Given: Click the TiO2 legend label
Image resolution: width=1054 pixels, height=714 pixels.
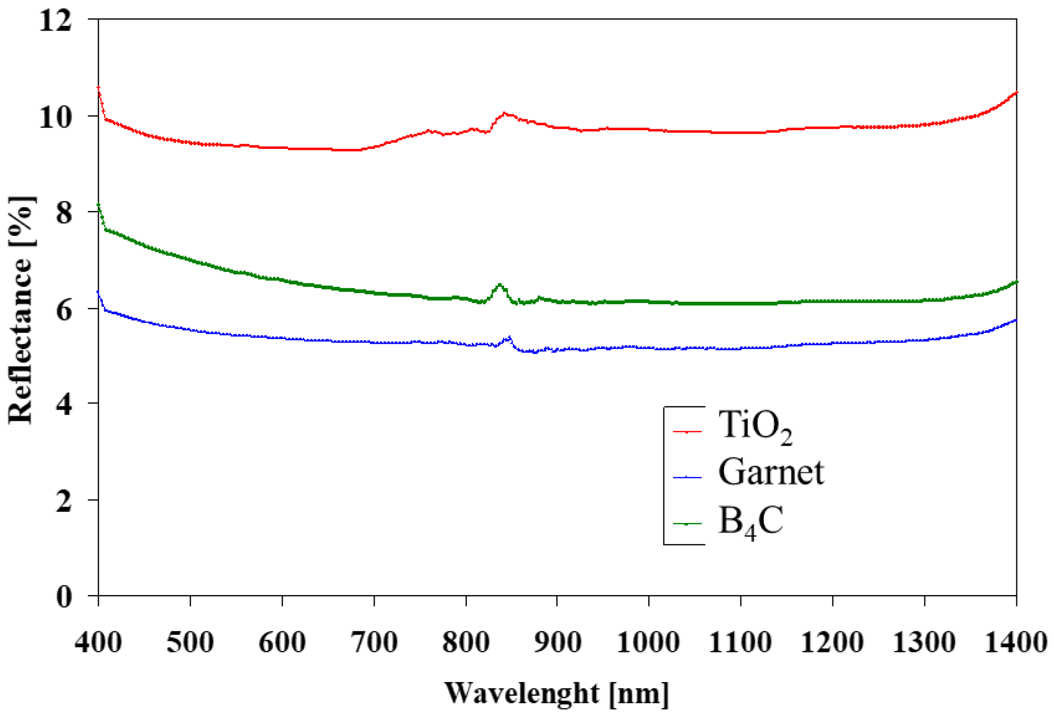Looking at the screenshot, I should click(755, 426).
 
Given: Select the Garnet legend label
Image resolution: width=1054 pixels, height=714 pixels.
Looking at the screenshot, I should click(771, 472).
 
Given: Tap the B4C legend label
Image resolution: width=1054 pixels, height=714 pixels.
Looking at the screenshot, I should click(750, 522).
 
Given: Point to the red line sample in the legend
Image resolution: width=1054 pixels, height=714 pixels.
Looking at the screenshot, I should click(687, 432).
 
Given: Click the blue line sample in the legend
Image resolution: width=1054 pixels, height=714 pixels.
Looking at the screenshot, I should click(687, 477).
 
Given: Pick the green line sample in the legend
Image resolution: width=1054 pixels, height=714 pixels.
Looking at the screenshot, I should click(687, 523).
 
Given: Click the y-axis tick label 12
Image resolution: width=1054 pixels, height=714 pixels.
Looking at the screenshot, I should click(55, 21).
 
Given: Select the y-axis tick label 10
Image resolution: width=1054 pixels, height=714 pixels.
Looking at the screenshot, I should click(55, 117).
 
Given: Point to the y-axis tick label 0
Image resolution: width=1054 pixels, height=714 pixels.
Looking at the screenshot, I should click(64, 597).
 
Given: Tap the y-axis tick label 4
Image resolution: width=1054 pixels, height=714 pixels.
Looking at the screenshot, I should click(64, 405).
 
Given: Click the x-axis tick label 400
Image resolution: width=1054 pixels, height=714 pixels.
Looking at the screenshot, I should click(98, 642).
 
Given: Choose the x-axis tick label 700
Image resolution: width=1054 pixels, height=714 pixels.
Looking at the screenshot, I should click(374, 642).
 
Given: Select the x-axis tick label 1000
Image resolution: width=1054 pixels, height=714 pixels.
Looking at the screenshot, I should click(648, 642).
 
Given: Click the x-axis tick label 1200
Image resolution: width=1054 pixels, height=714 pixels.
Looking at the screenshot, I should click(832, 642).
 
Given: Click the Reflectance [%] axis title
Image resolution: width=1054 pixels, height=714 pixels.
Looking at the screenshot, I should click(21, 310).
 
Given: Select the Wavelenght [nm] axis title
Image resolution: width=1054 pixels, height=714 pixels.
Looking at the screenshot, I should click(557, 693).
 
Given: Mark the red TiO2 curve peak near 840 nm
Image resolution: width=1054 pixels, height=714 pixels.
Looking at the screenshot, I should click(504, 113).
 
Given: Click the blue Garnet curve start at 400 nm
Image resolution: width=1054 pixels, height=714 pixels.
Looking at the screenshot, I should click(98, 292).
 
